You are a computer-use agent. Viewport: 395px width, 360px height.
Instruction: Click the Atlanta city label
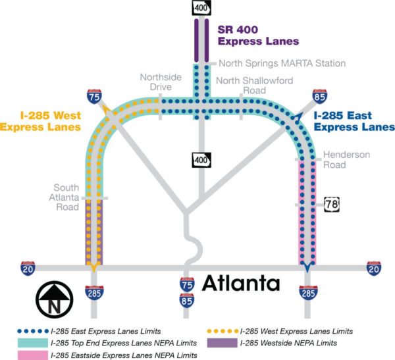point(240,284)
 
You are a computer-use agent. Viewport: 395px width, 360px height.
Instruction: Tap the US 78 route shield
point(331,205)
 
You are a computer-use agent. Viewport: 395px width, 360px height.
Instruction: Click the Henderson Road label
point(345,160)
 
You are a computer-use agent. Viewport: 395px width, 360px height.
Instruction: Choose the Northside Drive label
point(155,82)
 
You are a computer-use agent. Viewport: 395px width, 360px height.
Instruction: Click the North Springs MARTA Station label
point(282,63)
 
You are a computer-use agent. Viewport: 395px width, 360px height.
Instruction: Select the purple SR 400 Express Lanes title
point(257,36)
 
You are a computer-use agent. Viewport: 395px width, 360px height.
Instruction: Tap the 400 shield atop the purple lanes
point(200,8)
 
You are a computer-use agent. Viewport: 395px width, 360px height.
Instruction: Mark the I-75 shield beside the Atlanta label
point(188,284)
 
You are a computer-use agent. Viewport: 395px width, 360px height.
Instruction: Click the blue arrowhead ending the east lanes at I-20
point(307,267)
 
